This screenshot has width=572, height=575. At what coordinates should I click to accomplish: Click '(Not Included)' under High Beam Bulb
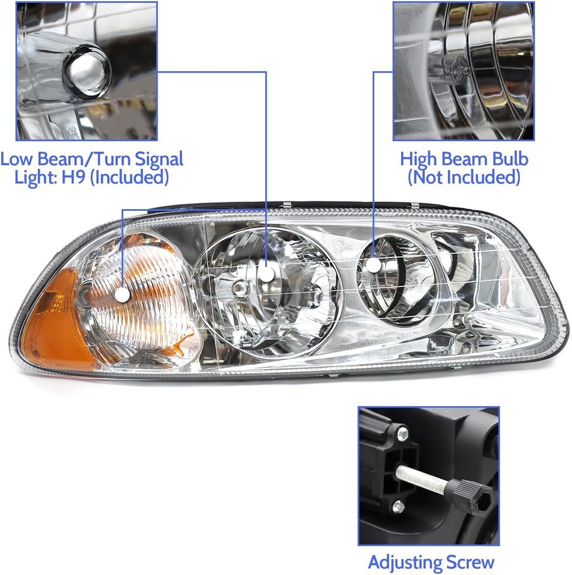464,177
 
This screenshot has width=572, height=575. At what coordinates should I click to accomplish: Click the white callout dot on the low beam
267,274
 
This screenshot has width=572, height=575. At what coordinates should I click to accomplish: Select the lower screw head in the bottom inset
398,508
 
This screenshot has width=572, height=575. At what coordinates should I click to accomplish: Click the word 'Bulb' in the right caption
509,159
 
